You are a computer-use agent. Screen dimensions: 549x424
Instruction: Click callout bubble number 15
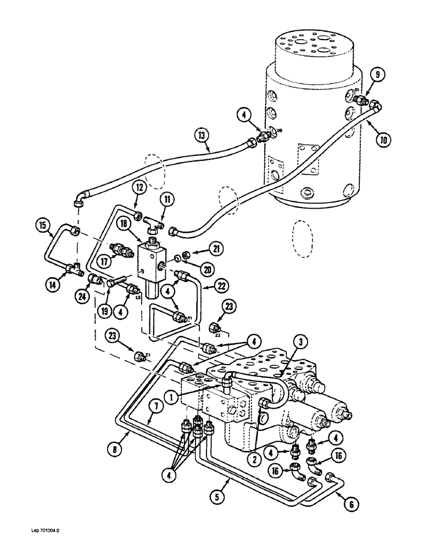pos(42,225)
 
